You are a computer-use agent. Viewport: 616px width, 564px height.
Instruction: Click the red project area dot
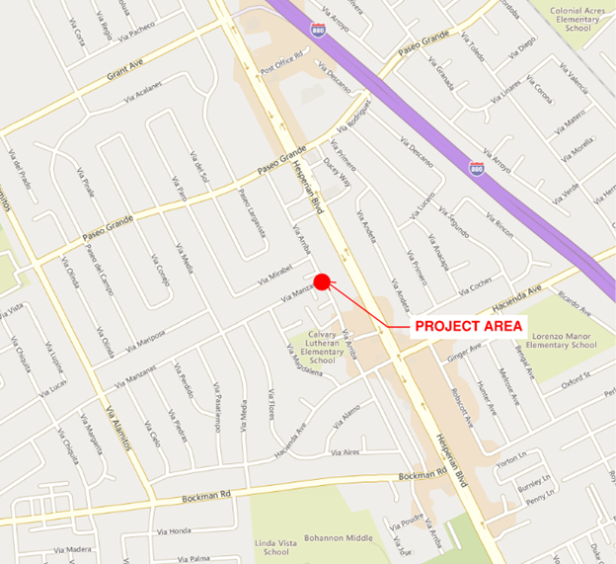pos(321,280)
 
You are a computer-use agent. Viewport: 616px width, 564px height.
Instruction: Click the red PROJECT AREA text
pos(469,325)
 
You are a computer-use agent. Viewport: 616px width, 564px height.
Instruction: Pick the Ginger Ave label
pos(463,352)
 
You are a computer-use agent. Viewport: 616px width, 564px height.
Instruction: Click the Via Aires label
pos(346,452)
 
